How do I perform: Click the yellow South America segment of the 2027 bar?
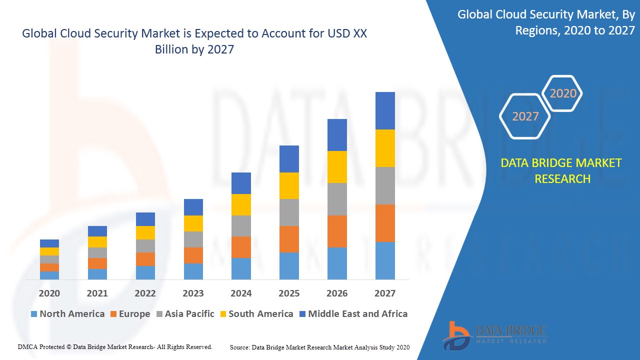pos(385,148)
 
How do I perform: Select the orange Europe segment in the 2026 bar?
pos(337,231)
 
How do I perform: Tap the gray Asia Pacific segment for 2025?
pos(289,212)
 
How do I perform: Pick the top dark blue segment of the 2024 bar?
pos(241,183)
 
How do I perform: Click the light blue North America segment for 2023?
pos(193,271)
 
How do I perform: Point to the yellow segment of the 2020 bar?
pos(49,251)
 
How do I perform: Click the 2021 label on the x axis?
pos(97,293)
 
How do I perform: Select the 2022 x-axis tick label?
pos(145,293)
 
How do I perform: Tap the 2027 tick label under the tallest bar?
pos(385,293)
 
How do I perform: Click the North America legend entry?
pos(67,314)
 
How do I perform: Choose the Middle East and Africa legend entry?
pos(353,314)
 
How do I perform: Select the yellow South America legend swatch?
pos(223,314)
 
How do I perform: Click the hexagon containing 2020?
pos(563,93)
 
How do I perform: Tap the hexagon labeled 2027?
pos(525,116)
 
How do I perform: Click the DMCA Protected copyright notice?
pos(115,346)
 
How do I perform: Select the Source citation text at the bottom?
pos(319,347)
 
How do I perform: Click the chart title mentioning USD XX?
pos(194,41)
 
